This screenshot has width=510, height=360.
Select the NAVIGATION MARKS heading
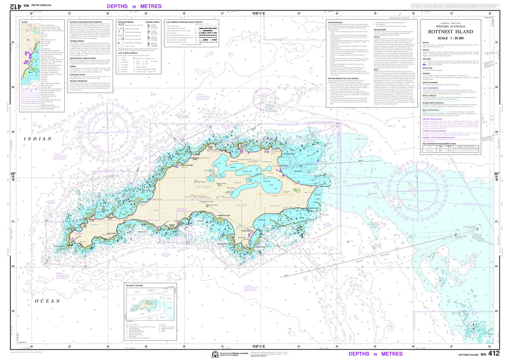pyautogui.click(x=127, y=22)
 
